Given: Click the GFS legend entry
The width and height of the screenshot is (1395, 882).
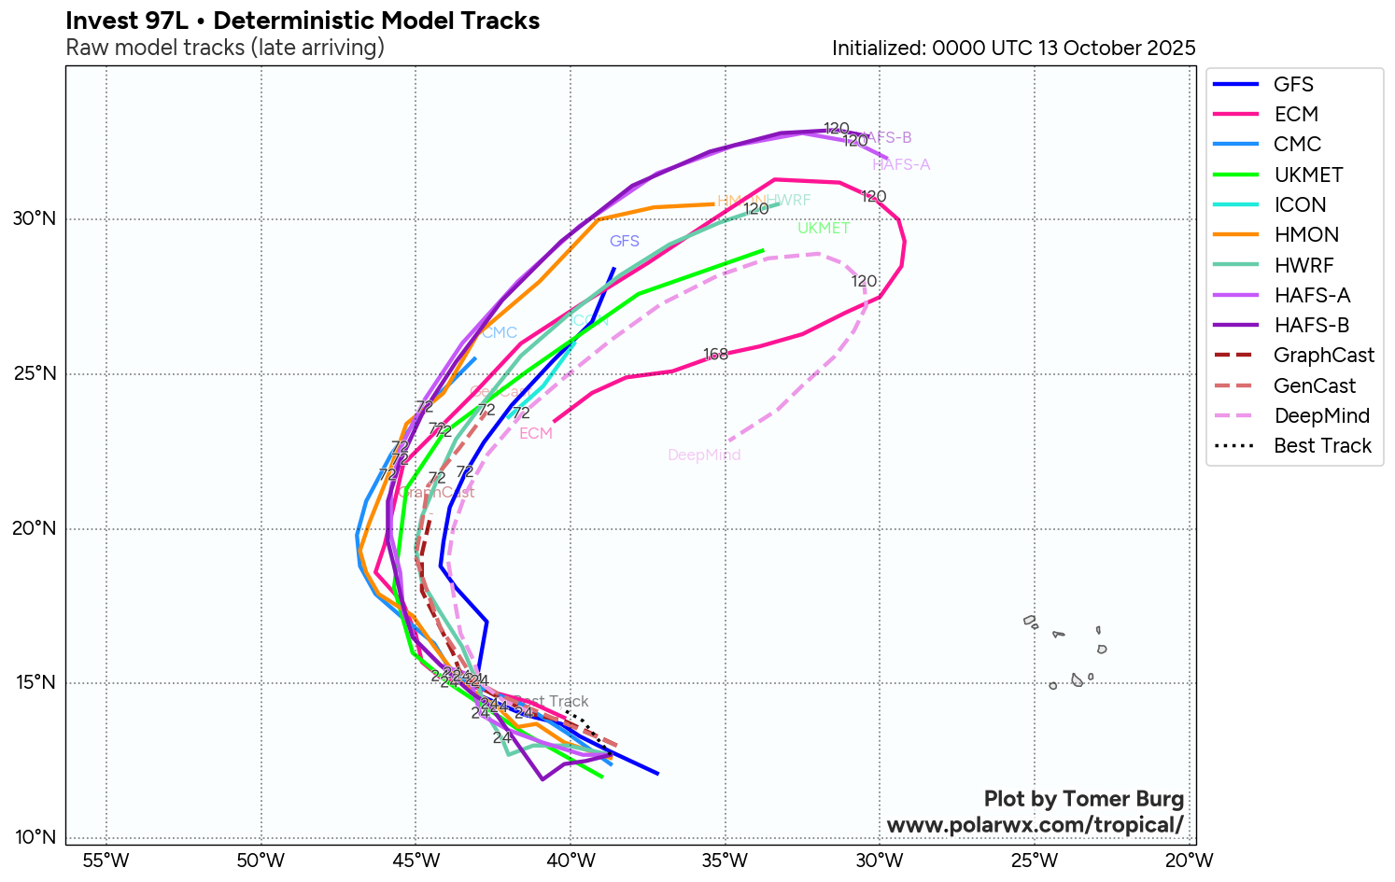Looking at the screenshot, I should click(x=1293, y=84).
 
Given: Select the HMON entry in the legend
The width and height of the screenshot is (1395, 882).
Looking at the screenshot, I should click(x=1306, y=235).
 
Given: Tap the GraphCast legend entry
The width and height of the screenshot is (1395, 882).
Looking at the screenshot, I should click(x=1323, y=356).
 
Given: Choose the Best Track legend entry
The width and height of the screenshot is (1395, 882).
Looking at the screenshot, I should click(x=1322, y=446).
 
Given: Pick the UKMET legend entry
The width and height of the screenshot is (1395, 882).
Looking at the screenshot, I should click(x=1308, y=175).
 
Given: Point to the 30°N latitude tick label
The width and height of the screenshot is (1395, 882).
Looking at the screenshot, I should click(x=35, y=219).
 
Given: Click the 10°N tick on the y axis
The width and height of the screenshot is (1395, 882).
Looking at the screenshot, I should click(x=35, y=837).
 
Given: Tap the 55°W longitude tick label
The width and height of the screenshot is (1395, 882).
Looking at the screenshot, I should click(x=106, y=860).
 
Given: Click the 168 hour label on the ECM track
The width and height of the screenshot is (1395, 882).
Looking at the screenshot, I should click(x=715, y=355).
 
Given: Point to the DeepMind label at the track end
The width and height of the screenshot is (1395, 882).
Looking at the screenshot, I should click(x=704, y=455).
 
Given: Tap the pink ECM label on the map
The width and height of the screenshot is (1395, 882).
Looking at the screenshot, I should click(x=536, y=434).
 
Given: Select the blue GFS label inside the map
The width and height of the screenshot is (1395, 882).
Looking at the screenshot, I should click(x=625, y=242).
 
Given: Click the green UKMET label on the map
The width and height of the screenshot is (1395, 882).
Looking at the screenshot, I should click(x=824, y=229).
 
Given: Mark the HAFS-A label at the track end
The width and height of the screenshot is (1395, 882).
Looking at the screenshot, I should click(x=901, y=165).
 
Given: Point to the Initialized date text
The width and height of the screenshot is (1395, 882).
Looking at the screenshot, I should click(x=1013, y=49).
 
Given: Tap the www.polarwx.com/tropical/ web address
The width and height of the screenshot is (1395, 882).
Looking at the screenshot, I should click(x=1035, y=825).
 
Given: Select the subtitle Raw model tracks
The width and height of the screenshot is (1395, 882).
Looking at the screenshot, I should click(x=225, y=48).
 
